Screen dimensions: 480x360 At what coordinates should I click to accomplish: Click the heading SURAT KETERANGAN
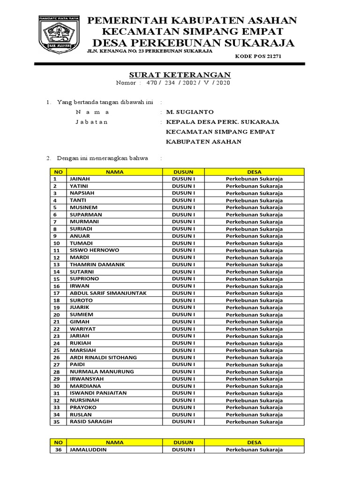tap(180, 75)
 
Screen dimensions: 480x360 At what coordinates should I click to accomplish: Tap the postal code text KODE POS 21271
tap(258, 56)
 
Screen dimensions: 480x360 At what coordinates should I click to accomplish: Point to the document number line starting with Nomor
tap(173, 83)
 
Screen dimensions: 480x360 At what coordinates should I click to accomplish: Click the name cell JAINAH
tap(80, 179)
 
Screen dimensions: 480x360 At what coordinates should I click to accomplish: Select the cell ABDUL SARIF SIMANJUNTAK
tap(108, 293)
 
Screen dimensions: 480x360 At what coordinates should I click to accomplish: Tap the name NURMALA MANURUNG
tap(102, 372)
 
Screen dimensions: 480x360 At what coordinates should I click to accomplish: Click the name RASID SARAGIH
tap(91, 421)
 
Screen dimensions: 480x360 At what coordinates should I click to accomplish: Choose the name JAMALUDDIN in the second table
tap(88, 450)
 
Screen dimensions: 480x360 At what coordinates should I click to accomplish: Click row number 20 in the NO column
tap(57, 315)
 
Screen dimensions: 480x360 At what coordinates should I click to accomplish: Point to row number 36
tap(58, 450)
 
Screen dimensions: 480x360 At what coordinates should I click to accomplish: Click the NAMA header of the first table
tap(115, 172)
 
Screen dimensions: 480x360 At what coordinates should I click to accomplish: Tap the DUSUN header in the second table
tap(183, 442)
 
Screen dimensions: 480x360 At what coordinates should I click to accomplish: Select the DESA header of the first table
tap(254, 172)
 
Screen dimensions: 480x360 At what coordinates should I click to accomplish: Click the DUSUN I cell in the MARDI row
tap(183, 257)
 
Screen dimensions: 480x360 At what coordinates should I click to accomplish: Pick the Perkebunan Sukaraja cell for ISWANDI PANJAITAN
tap(254, 393)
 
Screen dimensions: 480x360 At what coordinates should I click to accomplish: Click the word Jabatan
tap(92, 122)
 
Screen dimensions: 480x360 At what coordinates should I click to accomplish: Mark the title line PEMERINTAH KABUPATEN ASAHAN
tap(193, 20)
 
